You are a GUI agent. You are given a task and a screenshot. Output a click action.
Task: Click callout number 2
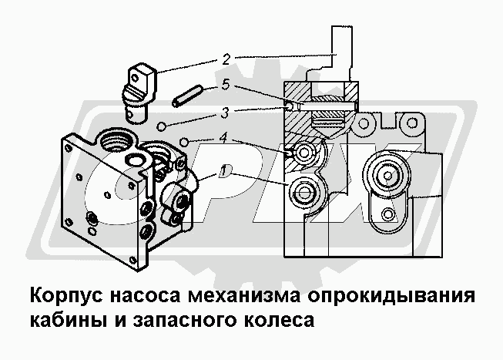pos(226,59)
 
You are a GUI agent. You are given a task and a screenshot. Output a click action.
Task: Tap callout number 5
pos(226,85)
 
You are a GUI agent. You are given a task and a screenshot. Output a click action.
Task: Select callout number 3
pos(225,113)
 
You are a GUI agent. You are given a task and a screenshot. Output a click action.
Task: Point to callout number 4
pos(223,138)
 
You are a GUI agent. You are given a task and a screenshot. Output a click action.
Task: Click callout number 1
pos(223,171)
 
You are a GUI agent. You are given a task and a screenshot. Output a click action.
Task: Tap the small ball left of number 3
pos(161,126)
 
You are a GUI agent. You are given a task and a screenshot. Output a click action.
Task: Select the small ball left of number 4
pos(184,142)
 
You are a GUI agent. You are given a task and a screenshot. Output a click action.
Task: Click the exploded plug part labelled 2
pos(139,93)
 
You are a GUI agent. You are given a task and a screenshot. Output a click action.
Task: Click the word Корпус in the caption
pos(66,296)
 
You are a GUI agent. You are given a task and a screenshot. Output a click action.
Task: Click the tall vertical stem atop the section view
pos(342,53)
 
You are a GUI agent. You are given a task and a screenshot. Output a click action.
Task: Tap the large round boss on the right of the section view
pos(387,175)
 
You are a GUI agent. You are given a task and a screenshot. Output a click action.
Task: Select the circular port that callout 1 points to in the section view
pos(304,193)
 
